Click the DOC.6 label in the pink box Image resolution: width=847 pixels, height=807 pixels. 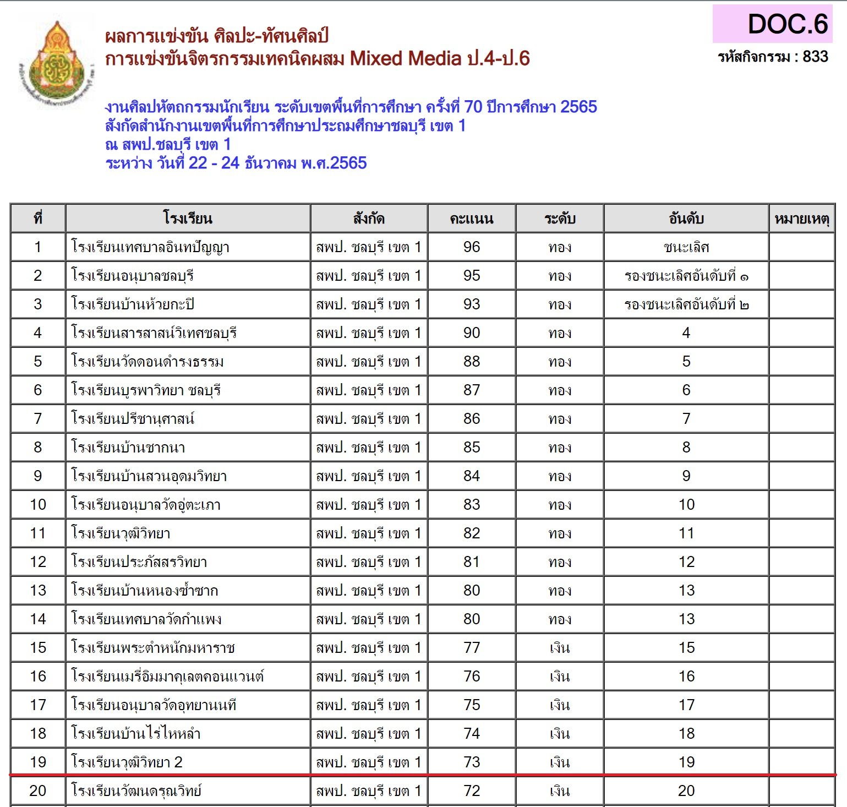[787, 24]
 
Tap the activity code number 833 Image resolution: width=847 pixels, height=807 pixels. [815, 57]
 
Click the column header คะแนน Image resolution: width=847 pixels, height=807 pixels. [471, 219]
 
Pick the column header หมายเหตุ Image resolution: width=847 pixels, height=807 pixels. [801, 219]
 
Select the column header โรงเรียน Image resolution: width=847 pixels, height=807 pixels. [188, 219]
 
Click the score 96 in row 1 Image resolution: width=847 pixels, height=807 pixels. [471, 247]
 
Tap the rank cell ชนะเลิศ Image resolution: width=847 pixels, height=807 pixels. [686, 247]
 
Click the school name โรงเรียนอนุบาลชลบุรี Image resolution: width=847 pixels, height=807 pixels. [133, 276]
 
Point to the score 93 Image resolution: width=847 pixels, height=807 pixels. [471, 304]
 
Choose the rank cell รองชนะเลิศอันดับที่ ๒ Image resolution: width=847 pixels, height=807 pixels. [686, 304]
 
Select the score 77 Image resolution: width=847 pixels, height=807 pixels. [471, 648]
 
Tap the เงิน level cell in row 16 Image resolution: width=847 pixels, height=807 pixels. [559, 677]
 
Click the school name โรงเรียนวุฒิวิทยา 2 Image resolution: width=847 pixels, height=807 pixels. [127, 762]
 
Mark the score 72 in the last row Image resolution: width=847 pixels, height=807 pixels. [471, 791]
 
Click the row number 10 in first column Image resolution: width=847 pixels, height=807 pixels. [38, 505]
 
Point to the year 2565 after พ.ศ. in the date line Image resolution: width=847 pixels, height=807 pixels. [348, 163]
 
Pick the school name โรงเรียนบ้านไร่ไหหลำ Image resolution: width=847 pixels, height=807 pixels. [136, 734]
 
